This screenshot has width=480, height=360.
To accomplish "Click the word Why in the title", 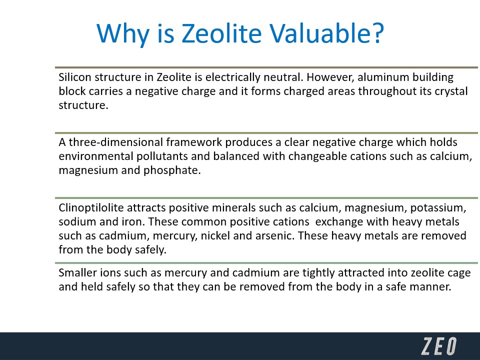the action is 123,33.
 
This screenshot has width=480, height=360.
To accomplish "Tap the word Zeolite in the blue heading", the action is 221,33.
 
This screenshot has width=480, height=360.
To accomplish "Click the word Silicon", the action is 75,77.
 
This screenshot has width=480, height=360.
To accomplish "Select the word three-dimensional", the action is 115,142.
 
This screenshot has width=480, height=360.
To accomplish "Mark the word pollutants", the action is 162,156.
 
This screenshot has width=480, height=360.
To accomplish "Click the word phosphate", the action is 172,170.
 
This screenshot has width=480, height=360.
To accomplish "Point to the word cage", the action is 459,273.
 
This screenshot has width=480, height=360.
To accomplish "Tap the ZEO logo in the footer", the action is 438,346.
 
